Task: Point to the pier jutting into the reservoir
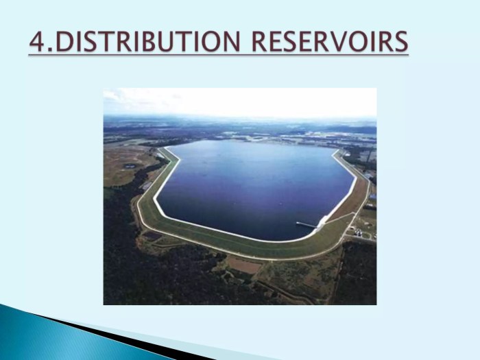coord(308,224)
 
